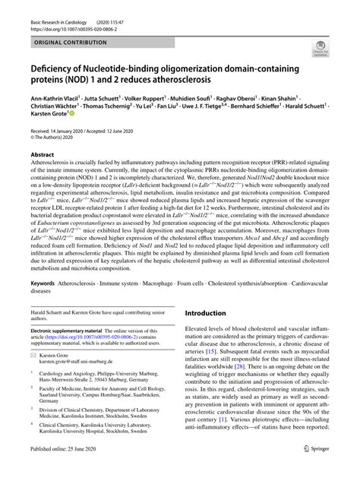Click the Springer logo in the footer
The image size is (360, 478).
click(x=329, y=470)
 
